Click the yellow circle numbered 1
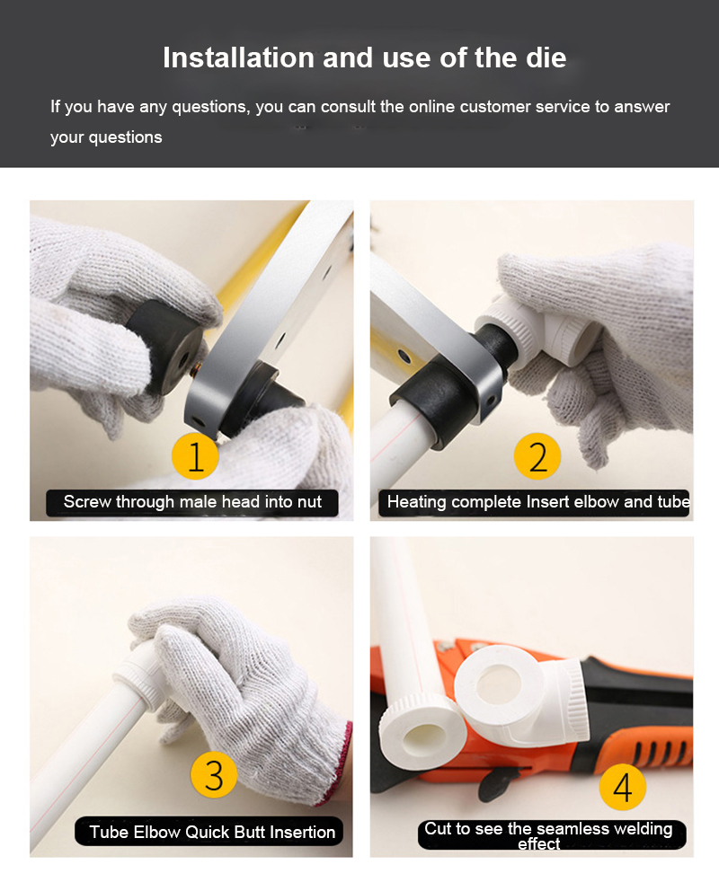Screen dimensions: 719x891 click(x=195, y=455)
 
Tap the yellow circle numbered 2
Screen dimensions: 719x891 click(x=537, y=455)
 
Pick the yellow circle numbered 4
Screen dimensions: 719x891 click(x=622, y=787)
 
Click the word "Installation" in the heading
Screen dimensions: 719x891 click(x=239, y=58)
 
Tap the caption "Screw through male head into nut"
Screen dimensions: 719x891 click(x=192, y=502)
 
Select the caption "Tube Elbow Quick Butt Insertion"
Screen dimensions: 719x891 click(x=212, y=832)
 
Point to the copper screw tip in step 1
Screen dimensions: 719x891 click(x=195, y=369)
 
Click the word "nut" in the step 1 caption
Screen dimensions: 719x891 click(x=308, y=503)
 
